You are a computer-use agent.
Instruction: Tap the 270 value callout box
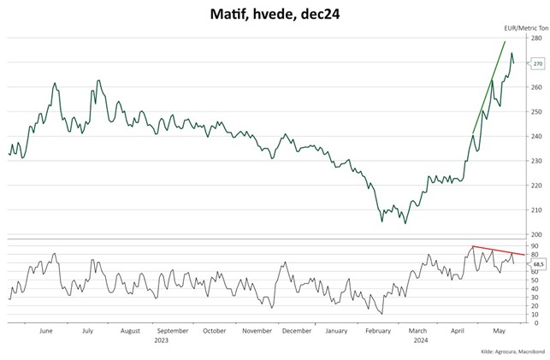tap(538, 63)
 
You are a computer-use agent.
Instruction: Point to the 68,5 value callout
tap(538, 264)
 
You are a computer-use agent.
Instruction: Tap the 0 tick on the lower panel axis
tap(533, 323)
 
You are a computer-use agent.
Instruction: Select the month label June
tap(46, 330)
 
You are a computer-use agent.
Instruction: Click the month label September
tap(173, 330)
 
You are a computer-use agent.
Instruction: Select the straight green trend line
tap(489, 86)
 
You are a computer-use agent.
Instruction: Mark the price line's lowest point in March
tap(405, 222)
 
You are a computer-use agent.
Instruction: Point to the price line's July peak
tap(98, 80)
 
